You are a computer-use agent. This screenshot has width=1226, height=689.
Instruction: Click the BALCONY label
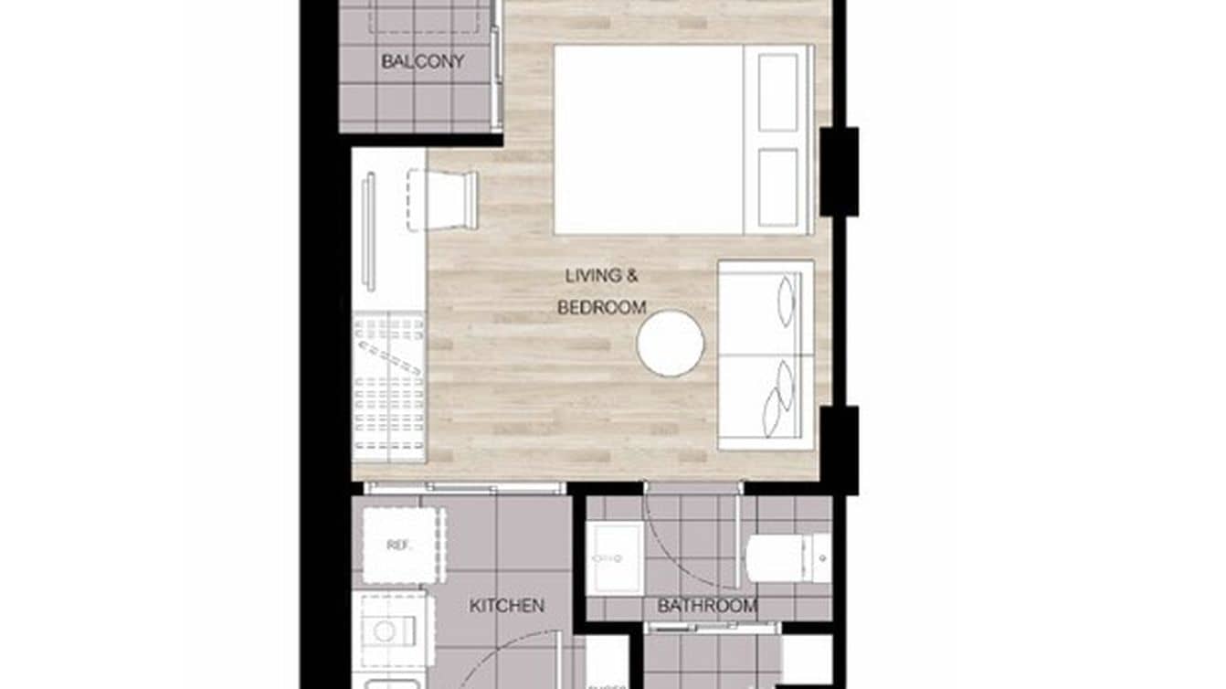(422, 62)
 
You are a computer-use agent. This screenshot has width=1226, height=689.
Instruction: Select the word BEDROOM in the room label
(602, 308)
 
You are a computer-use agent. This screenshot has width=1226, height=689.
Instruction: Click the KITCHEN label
(507, 605)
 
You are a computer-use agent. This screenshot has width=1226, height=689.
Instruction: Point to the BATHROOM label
(707, 605)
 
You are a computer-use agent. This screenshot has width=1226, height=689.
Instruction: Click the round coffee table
(671, 343)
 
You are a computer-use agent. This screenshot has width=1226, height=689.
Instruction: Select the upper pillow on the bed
(777, 91)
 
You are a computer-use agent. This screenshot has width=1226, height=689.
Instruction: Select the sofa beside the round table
(766, 355)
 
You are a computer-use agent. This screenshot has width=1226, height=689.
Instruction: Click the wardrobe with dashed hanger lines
(389, 384)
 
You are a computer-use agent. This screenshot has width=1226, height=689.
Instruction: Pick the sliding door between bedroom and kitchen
(461, 489)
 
